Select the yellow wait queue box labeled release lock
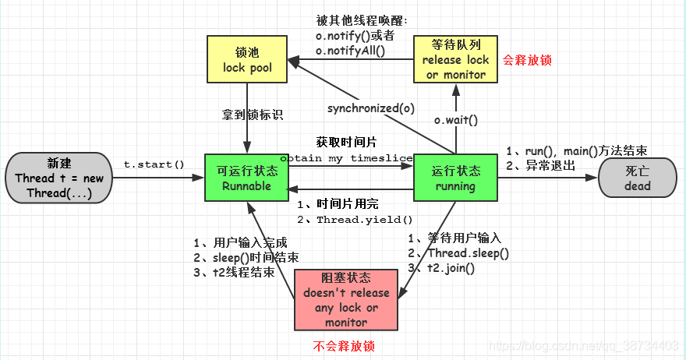(x=455, y=59)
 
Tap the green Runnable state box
(x=246, y=178)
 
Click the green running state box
(x=455, y=178)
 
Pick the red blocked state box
(x=346, y=299)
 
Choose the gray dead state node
(x=637, y=178)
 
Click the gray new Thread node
(x=58, y=178)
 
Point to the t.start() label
(x=154, y=164)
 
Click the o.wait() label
(x=455, y=120)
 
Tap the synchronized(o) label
(x=371, y=108)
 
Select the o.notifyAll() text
(x=351, y=51)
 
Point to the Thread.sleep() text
(x=468, y=253)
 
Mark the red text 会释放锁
(x=527, y=59)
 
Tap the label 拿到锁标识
(x=252, y=115)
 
